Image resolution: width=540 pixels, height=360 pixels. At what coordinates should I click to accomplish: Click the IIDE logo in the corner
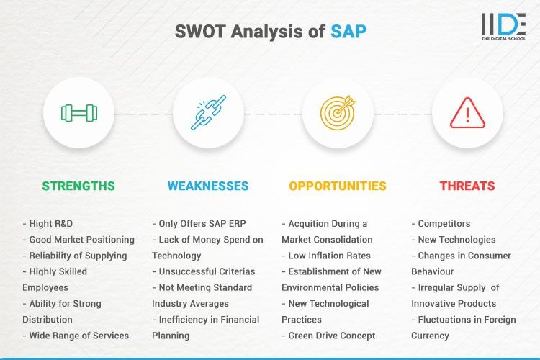pos(503,26)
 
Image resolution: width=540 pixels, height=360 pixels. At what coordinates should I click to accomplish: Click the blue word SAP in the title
pos(348,32)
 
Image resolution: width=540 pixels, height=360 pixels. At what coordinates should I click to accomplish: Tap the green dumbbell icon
pos(78,113)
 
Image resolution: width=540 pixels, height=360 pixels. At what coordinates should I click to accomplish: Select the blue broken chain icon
pos(208,113)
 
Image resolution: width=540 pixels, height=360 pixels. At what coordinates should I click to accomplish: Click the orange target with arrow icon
pos(338,113)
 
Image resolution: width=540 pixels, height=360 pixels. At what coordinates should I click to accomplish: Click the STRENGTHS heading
pos(78,186)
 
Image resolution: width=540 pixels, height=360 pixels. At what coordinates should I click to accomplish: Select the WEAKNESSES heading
pos(208,186)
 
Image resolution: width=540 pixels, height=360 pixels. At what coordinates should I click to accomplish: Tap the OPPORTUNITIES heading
pos(338,186)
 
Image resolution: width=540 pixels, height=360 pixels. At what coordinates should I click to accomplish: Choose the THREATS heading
pos(467,186)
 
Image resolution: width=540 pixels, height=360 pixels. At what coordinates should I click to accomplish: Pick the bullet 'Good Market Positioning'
pos(78,239)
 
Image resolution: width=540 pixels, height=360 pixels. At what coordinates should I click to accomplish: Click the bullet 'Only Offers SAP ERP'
pos(199,223)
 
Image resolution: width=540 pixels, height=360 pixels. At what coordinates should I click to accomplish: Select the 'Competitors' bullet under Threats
pos(440,223)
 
